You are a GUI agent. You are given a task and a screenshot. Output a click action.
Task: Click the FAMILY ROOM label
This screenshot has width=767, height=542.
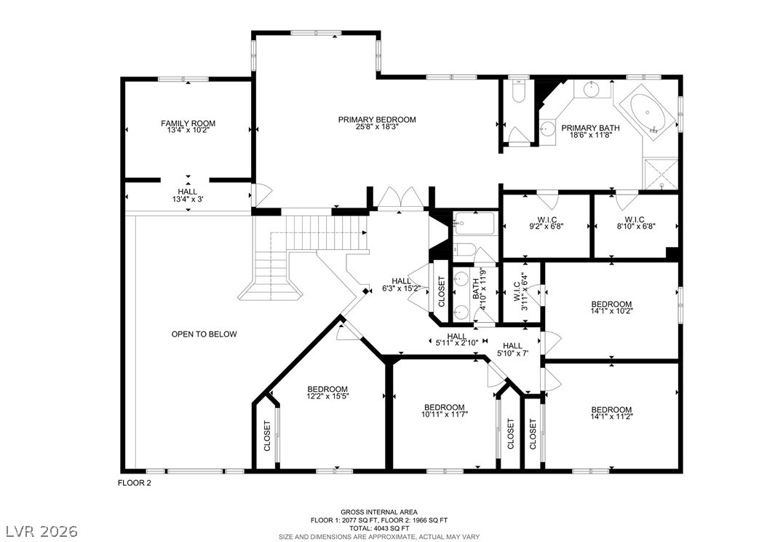tap(188, 123)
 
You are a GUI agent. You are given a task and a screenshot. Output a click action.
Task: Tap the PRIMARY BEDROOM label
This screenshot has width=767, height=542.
tap(377, 119)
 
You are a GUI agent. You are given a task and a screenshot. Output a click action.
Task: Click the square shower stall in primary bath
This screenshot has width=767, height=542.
tap(660, 173)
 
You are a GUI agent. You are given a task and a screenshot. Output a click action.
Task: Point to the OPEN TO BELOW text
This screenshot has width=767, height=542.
tap(204, 334)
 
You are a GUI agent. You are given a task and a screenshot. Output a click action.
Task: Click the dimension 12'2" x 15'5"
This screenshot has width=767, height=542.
tap(327, 396)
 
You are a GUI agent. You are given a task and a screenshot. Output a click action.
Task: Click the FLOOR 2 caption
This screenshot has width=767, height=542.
tap(135, 483)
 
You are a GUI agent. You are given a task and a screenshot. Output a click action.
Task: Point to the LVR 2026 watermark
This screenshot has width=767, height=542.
tap(42, 531)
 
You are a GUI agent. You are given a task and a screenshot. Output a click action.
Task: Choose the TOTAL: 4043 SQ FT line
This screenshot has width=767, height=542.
tap(379, 529)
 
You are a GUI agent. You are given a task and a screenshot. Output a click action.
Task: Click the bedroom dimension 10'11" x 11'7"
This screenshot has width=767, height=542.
tap(444, 415)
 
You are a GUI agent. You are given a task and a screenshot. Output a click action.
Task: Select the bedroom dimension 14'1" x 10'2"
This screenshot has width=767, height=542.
tap(611, 310)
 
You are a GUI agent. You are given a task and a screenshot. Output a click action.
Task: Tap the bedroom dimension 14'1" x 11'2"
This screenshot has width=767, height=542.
tap(611, 416)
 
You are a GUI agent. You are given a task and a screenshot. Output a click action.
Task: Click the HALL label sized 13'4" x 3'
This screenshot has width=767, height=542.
tap(188, 192)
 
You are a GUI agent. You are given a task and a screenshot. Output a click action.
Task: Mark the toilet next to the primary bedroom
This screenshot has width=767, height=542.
tap(517, 92)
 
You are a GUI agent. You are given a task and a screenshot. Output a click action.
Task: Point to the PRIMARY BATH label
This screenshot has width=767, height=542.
tap(590, 128)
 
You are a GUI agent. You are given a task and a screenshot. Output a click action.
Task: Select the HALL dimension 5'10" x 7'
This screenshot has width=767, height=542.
tap(512, 353)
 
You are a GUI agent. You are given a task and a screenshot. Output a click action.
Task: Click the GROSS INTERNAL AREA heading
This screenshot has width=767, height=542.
tap(379, 512)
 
